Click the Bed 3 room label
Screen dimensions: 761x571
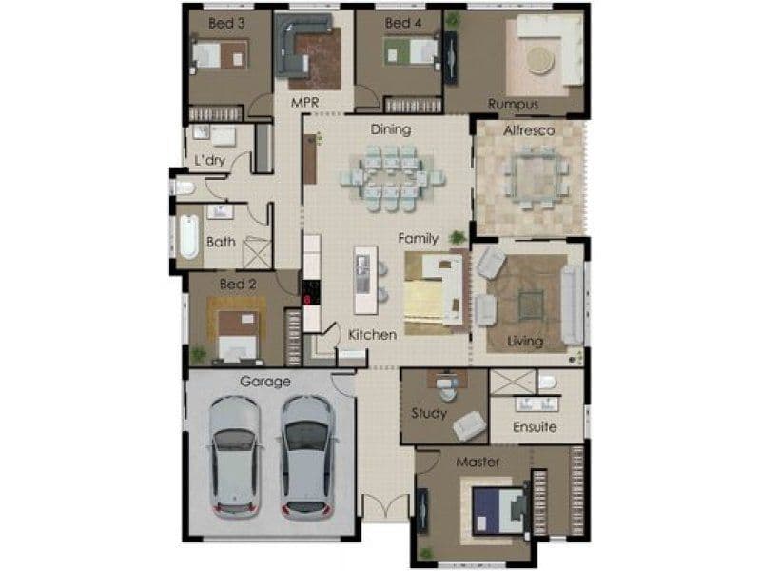226,23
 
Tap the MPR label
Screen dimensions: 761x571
304,103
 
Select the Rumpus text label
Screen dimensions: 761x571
513,105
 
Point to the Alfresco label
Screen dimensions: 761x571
529,130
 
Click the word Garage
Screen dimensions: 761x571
265,382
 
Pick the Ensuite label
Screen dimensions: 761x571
535,426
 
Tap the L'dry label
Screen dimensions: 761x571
209,160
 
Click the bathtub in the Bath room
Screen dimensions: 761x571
188,236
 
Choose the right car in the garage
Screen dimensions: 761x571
307,458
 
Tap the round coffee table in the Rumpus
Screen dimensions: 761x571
540,61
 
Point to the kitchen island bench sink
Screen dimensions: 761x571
362,274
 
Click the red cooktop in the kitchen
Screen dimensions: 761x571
311,293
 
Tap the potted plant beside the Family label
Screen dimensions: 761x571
458,237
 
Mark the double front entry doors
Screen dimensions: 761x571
386,506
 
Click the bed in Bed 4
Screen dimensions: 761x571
412,51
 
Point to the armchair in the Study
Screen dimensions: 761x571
469,426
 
